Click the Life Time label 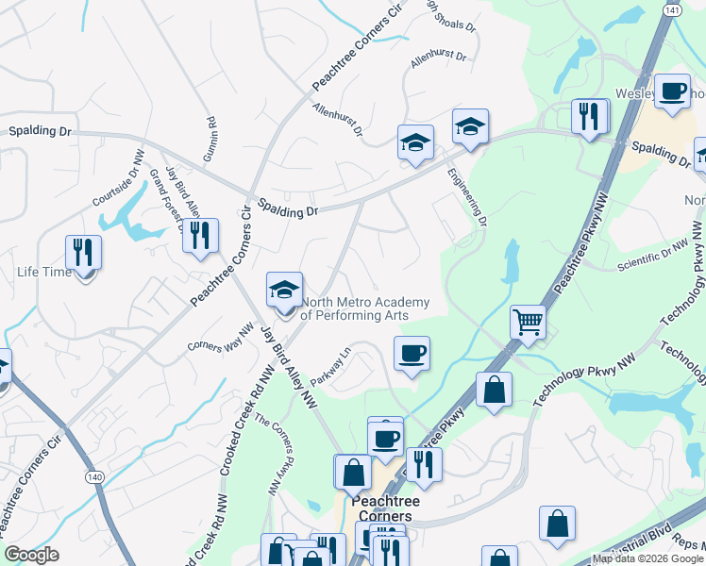point(43,273)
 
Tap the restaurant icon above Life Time point(83,253)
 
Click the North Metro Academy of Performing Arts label point(364,308)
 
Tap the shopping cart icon point(529,322)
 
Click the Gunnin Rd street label point(211,137)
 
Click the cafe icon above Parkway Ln point(412,354)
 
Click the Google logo point(31,555)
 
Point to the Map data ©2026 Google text point(647,558)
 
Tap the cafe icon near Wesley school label point(672,92)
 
